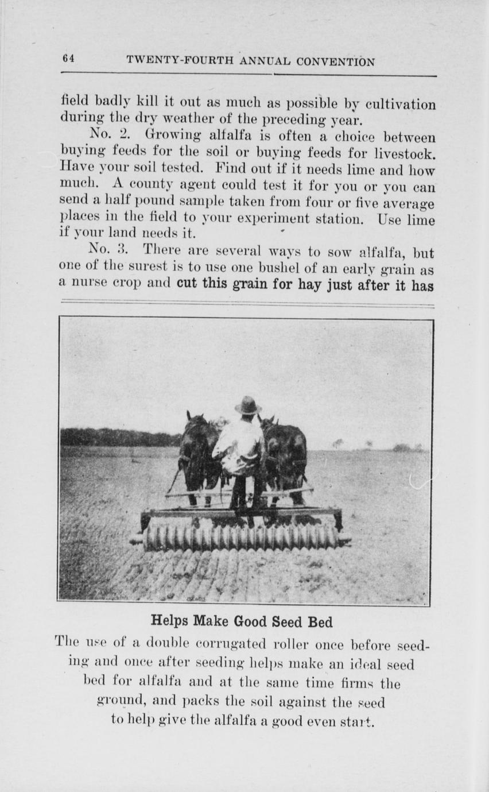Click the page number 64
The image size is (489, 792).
[68, 59]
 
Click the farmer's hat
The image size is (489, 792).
[248, 405]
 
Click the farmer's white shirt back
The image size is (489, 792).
[240, 446]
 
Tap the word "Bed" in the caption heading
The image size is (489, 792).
[320, 621]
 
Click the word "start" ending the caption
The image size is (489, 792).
[359, 721]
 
